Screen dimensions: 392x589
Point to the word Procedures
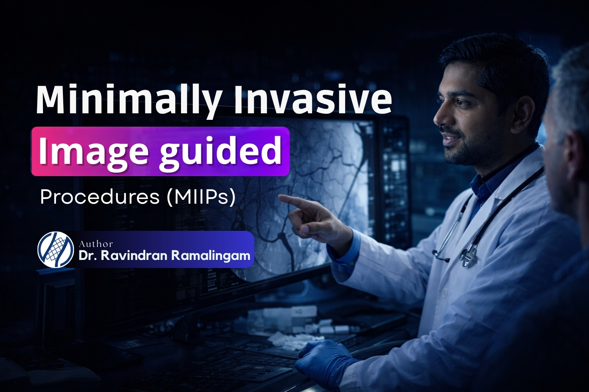coord(100,197)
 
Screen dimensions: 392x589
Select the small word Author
coord(96,244)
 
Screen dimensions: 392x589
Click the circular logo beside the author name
coord(56,250)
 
